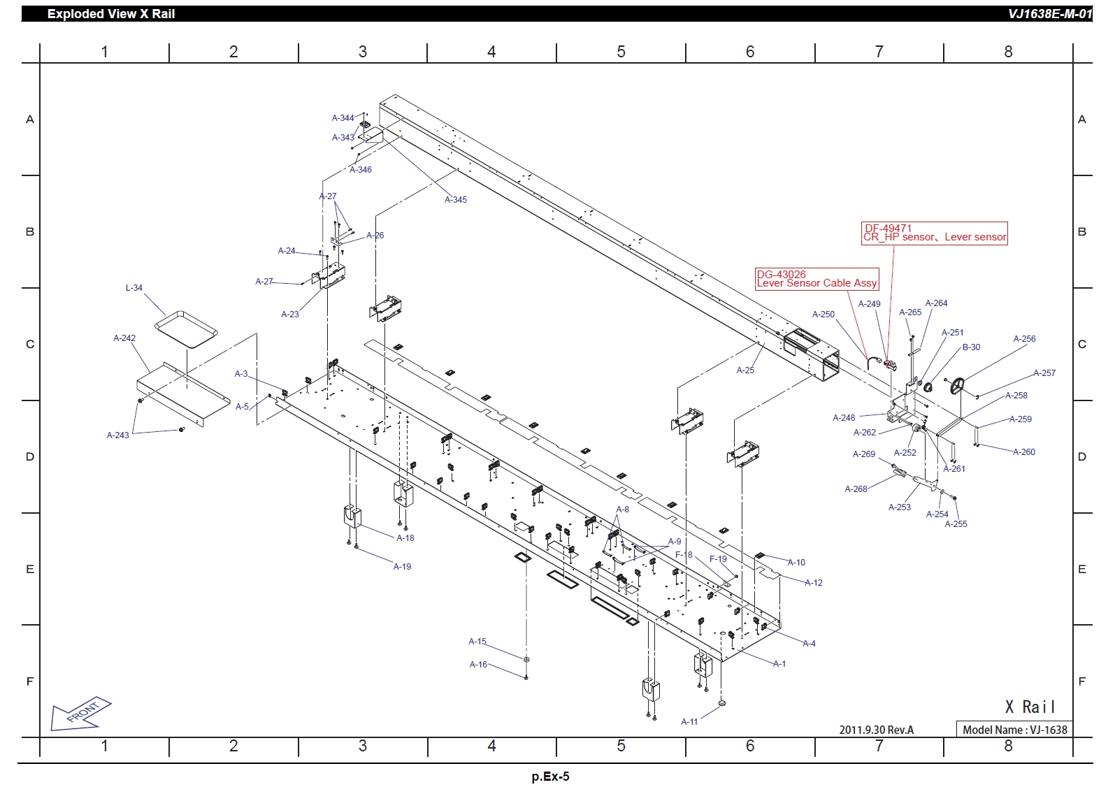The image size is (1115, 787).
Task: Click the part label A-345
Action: pyautogui.click(x=455, y=200)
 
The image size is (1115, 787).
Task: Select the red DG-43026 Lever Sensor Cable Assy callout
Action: pyautogui.click(x=817, y=279)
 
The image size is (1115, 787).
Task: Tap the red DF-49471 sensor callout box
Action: pyautogui.click(x=935, y=233)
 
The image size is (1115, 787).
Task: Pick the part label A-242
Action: pyautogui.click(x=124, y=338)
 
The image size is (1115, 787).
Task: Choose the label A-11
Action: pyautogui.click(x=689, y=722)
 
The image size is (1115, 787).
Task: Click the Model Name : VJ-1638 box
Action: pyautogui.click(x=1014, y=730)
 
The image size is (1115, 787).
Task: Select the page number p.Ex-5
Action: pyautogui.click(x=550, y=777)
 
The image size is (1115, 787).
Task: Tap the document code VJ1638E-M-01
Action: pyautogui.click(x=1049, y=14)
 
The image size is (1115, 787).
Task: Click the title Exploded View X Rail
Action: pyautogui.click(x=111, y=14)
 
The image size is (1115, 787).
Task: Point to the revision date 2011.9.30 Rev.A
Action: pyautogui.click(x=876, y=730)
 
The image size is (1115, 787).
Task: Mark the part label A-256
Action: pyautogui.click(x=1024, y=339)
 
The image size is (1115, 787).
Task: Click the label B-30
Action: pyautogui.click(x=971, y=347)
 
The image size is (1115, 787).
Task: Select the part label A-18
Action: pyautogui.click(x=405, y=538)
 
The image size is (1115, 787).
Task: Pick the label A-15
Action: pyautogui.click(x=477, y=642)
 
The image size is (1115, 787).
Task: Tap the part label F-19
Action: pyautogui.click(x=718, y=559)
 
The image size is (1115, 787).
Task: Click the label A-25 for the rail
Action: pyautogui.click(x=745, y=370)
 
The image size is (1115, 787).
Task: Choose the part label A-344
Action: pyautogui.click(x=343, y=118)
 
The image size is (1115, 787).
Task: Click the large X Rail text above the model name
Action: pyautogui.click(x=1030, y=707)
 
